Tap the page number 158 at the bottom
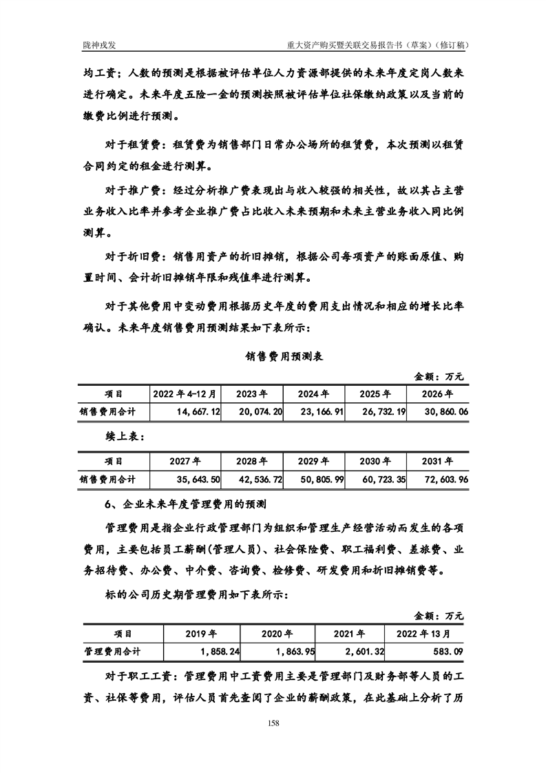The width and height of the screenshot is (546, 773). (273, 723)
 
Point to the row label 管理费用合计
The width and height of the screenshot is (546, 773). (113, 650)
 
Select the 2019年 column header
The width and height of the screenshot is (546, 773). (202, 633)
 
